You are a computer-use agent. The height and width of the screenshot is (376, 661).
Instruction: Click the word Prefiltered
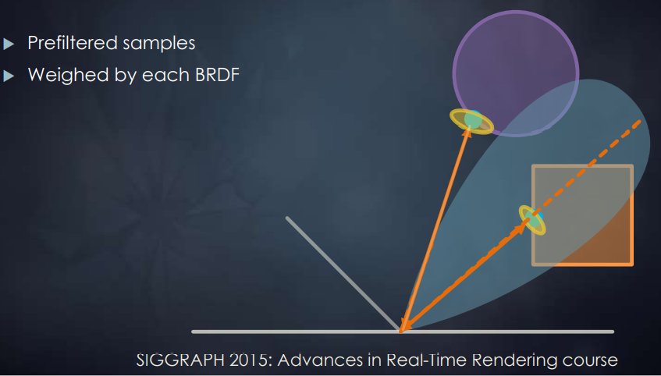[73, 43]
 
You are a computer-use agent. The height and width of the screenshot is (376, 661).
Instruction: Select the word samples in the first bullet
[159, 44]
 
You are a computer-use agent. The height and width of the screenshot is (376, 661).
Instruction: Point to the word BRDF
[218, 75]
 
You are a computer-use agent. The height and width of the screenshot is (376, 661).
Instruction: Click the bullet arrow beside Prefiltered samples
[9, 44]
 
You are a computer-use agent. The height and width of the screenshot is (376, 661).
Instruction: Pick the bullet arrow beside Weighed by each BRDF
[9, 76]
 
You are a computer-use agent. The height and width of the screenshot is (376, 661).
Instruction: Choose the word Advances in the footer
[320, 360]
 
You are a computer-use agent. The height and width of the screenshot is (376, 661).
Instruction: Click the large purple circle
[516, 73]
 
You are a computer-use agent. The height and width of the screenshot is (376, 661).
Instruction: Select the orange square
[583, 215]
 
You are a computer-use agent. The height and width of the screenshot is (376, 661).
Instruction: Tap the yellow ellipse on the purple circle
[471, 122]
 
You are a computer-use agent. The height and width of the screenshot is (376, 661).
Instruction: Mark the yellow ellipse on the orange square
[532, 220]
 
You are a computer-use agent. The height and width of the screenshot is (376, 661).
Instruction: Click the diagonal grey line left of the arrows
[343, 273]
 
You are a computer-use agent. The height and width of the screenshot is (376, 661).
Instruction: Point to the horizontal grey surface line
[403, 332]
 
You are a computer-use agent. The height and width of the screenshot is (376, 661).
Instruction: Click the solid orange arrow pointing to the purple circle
[435, 229]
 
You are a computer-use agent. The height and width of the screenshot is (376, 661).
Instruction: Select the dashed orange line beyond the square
[587, 165]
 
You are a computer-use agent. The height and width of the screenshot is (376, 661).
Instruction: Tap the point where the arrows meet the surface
[401, 332]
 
